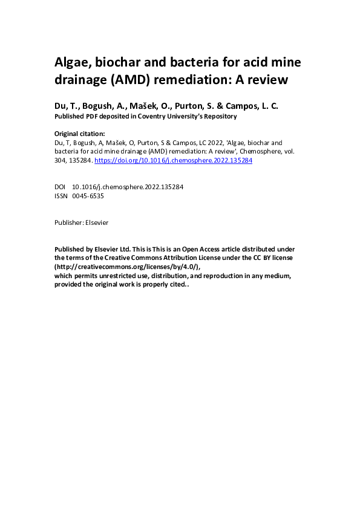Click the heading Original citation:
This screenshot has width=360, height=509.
coord(80,134)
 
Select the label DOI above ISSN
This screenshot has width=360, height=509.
coord(61,187)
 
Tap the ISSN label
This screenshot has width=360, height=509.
coord(61,196)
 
